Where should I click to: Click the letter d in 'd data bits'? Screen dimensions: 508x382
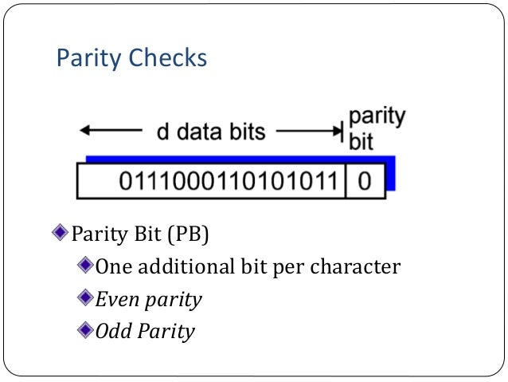162,132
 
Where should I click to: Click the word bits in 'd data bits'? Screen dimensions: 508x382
247,132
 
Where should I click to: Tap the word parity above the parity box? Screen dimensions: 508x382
377,117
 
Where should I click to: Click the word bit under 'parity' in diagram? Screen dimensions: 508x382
361,142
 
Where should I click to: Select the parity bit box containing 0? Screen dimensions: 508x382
364,181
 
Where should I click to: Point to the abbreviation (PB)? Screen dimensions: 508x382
196,235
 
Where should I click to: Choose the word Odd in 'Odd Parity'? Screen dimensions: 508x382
111,331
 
